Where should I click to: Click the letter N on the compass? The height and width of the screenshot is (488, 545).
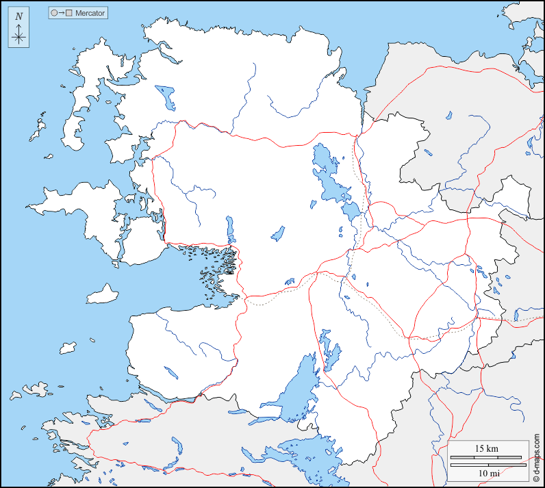click(x=18, y=16)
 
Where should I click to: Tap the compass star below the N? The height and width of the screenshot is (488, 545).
click(x=18, y=36)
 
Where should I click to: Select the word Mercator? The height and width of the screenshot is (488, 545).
click(x=90, y=13)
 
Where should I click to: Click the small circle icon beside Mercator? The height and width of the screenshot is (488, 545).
click(x=54, y=13)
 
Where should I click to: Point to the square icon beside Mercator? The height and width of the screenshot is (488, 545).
click(x=68, y=13)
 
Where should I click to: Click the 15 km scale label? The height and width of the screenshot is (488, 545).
click(x=487, y=448)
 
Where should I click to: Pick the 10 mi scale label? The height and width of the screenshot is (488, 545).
click(x=487, y=474)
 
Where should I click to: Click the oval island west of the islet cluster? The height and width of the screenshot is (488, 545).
click(x=102, y=294)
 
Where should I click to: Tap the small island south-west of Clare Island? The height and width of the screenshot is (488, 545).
click(x=67, y=348)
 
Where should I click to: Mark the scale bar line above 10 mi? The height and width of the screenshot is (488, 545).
click(x=487, y=465)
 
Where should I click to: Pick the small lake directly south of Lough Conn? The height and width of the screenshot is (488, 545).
click(x=278, y=233)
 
